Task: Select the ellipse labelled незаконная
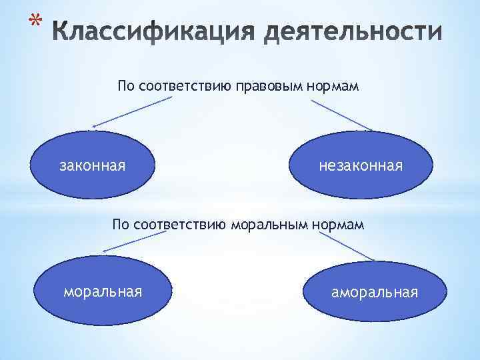[x=361, y=165]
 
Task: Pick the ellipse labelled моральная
[x=103, y=291]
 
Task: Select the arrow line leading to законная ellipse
[x=133, y=112]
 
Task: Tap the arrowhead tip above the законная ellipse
[x=94, y=126]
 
